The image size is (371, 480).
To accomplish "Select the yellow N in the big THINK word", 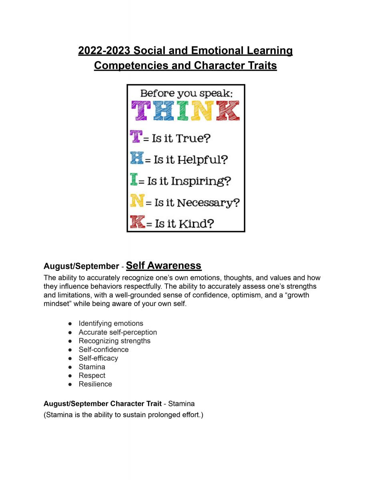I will coord(201,111).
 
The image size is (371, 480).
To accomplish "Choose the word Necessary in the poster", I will coord(208,203).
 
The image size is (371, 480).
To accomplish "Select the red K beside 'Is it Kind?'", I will coord(137,222).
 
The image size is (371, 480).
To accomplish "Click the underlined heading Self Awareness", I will coord(163,265).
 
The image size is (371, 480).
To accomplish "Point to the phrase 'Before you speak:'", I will coord(186,94).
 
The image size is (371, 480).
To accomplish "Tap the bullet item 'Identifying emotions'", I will coord(110,323).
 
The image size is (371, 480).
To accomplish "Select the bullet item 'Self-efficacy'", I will coord(98,358).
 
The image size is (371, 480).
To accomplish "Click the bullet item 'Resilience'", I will coord(95,384).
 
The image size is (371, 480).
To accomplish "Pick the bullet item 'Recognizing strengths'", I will coord(114,341).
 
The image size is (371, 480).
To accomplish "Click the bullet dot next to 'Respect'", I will coord(70,376).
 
